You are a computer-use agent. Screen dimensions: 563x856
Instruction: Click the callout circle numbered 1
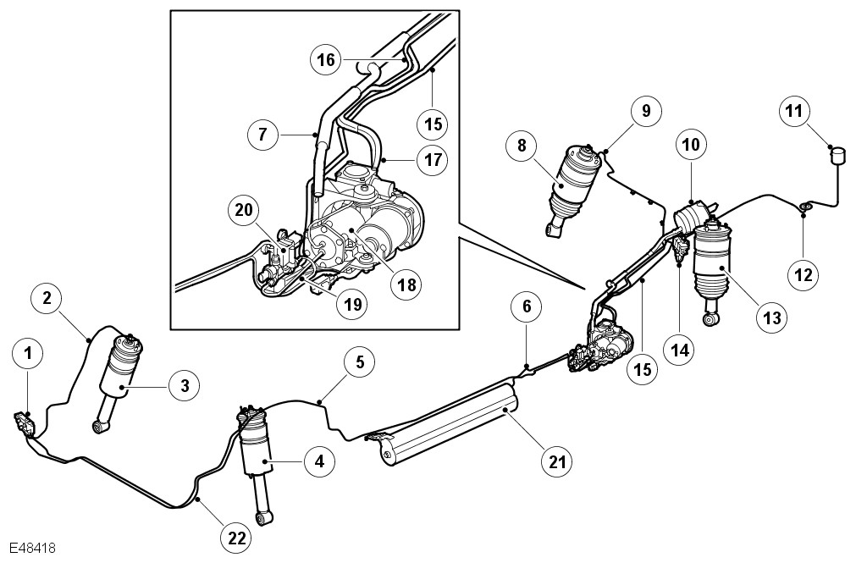30,350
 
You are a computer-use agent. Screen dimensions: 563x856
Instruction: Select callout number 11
797,112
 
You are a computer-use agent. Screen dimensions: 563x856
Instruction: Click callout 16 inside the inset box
328,60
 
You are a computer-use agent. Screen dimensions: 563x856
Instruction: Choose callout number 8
522,145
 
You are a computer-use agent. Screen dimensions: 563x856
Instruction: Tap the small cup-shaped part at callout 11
838,154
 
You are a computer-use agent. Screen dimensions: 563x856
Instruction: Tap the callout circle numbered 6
526,307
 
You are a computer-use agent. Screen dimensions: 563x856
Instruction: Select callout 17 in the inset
432,158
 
